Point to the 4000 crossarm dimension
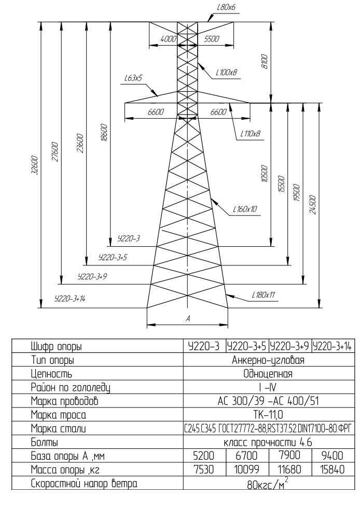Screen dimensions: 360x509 [168, 39]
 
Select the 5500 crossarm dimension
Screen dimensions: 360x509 [212, 39]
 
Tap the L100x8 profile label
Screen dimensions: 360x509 [227, 73]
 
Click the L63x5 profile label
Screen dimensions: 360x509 [133, 78]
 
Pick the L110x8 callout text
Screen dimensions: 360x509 [250, 133]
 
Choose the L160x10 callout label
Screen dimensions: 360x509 [245, 209]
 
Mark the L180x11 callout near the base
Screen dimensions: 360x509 [263, 295]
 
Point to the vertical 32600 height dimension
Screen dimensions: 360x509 [35, 165]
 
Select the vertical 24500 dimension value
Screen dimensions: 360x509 [313, 205]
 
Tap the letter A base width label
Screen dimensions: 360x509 [187, 319]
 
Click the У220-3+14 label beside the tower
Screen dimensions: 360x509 [70, 299]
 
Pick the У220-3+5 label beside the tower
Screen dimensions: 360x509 [113, 258]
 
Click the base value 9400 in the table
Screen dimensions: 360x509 [332, 456]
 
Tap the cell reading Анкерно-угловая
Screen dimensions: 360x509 [268, 360]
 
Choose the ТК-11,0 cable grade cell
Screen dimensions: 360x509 [268, 415]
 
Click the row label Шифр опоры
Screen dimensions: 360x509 [56, 347]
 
